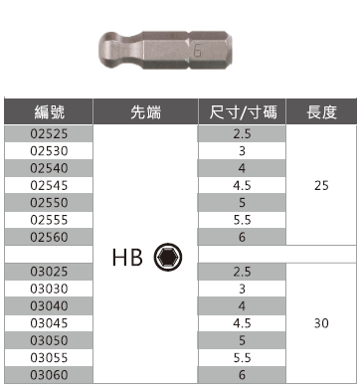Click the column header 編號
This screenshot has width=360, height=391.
[49, 112]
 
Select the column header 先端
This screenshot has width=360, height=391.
[145, 112]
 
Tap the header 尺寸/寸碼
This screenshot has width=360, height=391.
[243, 112]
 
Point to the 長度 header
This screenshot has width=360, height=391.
[321, 112]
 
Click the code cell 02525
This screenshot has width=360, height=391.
[49, 133]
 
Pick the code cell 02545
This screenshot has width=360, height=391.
[49, 185]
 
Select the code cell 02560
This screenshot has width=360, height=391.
[49, 237]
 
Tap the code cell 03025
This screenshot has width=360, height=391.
[49, 272]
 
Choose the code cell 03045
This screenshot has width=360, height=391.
[49, 323]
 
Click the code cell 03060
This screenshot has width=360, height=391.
[49, 375]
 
